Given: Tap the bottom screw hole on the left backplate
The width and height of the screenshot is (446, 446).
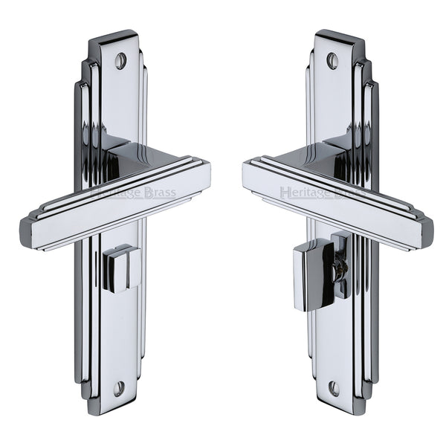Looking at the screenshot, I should coord(119,388).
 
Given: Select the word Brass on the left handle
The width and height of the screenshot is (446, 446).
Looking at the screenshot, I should coord(158,193).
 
